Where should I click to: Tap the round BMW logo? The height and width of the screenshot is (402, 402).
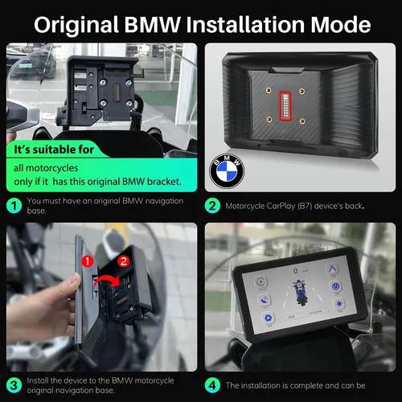226,170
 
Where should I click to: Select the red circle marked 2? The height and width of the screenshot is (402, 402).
122,262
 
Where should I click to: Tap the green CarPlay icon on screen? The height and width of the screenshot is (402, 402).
261,283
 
